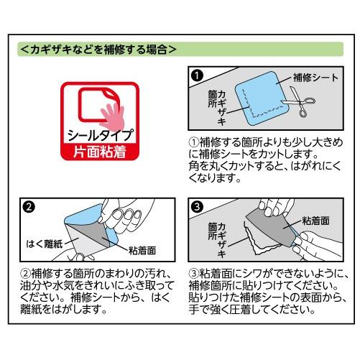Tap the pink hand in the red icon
coord(113,117)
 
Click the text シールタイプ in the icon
coord(100,135)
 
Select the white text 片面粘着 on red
coord(100,152)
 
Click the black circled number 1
coord(197,75)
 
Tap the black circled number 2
coord(29,207)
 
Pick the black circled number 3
coord(197,207)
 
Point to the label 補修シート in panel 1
coord(315,78)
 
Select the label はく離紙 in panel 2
coord(45,244)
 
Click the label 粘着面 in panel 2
coord(142,251)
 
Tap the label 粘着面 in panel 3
coord(315,221)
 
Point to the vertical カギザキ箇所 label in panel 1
coord(217,107)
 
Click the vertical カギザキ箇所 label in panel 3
coord(217,239)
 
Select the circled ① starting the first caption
coord(194,142)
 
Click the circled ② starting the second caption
coord(26,274)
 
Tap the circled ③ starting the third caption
coord(194,274)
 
